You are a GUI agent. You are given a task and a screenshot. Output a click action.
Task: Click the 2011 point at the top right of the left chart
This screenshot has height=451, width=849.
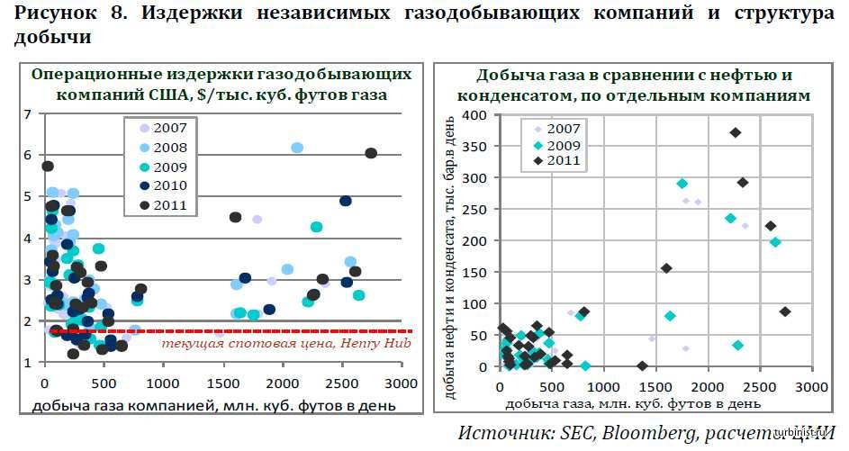coord(371,153)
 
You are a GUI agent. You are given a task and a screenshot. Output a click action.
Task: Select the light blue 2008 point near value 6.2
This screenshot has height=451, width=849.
coord(297,148)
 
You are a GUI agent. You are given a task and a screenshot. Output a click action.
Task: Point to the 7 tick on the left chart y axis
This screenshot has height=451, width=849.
coord(27,114)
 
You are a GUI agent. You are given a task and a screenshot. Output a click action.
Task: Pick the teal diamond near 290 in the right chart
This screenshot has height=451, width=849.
coord(682,184)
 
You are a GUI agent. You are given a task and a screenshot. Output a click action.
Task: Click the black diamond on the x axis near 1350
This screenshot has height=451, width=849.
coord(642,366)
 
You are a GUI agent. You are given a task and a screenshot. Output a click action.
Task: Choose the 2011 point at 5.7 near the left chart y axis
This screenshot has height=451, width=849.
coord(48,166)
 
